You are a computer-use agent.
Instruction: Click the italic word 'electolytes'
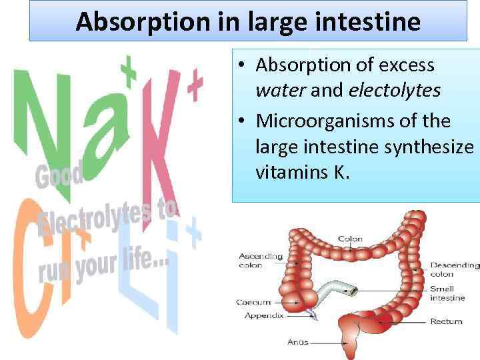point(394,91)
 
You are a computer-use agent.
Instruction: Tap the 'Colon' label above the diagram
point(350,239)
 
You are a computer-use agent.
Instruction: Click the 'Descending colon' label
point(454,269)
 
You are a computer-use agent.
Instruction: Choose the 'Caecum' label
point(253,302)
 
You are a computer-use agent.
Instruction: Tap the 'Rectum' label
point(445,321)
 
